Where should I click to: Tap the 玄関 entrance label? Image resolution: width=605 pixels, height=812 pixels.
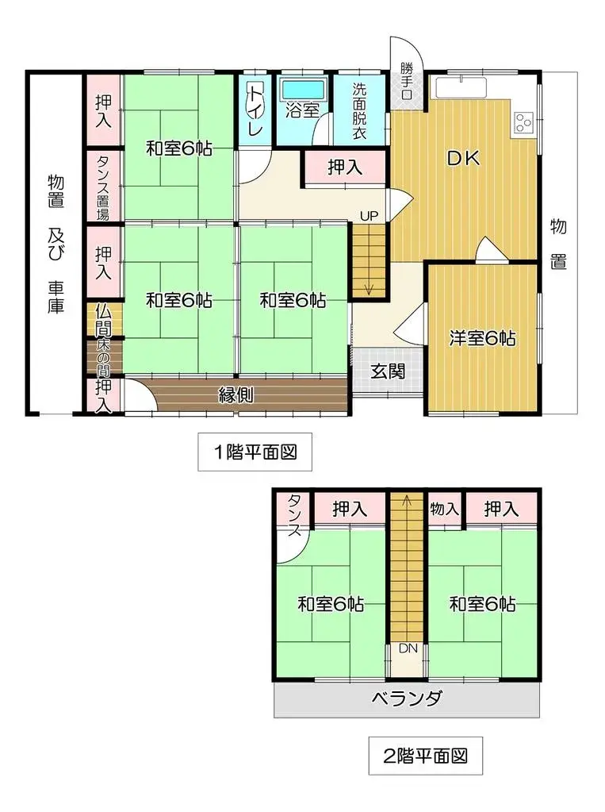tap(388, 370)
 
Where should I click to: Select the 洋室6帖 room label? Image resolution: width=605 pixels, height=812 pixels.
tap(482, 339)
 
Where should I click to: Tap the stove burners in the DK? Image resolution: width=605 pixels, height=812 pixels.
tap(523, 121)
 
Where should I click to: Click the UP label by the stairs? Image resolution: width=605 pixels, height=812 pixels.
tap(369, 215)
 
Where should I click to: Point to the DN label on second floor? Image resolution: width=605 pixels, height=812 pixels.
tap(408, 648)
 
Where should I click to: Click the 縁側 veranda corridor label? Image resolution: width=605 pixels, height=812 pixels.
tap(236, 394)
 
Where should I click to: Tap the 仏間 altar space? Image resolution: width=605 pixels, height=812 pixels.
tap(104, 317)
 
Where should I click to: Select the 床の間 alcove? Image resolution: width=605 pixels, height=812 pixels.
tap(104, 357)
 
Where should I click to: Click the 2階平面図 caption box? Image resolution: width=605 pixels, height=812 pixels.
tap(426, 755)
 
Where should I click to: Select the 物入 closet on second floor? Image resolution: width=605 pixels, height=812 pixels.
tap(444, 508)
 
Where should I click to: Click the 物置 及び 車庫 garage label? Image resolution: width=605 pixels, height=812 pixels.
tap(55, 243)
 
